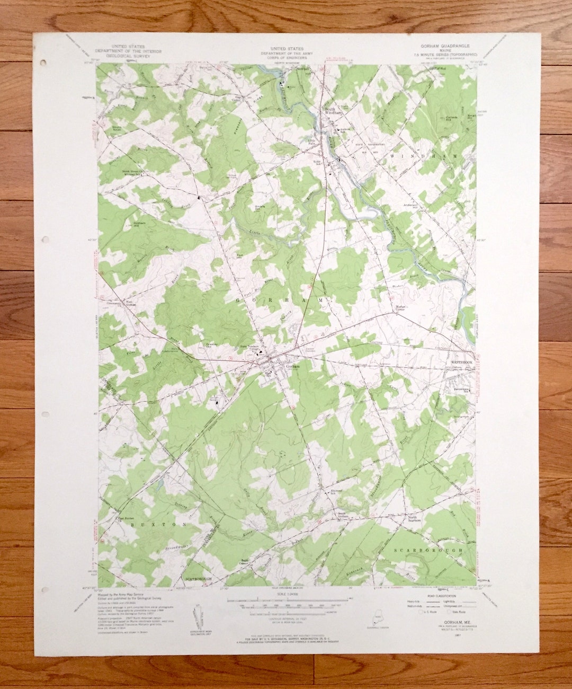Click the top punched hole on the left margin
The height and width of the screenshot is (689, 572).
[43, 62]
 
